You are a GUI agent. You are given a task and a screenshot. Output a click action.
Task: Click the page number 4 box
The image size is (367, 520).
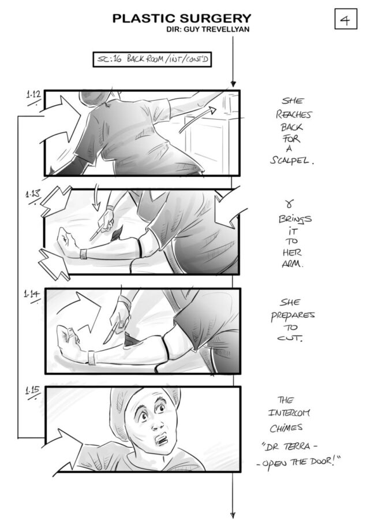[x=346, y=19]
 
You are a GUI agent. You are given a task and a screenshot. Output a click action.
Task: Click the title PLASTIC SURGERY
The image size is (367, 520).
[x=182, y=18]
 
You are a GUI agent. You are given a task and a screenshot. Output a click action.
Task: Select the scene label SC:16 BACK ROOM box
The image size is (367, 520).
[x=152, y=60]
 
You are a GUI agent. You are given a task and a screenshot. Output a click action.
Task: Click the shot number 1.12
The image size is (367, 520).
[x=33, y=95]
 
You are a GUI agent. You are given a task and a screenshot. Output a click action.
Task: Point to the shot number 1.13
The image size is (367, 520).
[x=32, y=194]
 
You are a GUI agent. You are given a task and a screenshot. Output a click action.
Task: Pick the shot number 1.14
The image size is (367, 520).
[x=32, y=294]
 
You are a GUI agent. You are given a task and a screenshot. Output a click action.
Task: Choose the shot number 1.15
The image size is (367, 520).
[x=33, y=390]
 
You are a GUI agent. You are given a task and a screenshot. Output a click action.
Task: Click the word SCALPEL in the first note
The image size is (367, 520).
[x=291, y=161]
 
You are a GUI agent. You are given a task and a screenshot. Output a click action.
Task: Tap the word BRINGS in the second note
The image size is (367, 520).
[x=294, y=219]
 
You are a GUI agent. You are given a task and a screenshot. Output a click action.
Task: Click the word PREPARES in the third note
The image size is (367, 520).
[x=293, y=315]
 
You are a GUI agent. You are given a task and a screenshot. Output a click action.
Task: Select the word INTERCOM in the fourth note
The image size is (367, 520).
[x=289, y=413]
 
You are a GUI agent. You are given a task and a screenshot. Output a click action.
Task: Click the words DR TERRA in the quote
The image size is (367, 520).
[x=287, y=447]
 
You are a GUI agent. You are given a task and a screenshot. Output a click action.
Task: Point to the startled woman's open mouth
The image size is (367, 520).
[x=163, y=440]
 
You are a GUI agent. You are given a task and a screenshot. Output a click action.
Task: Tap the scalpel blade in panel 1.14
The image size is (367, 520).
[x=110, y=333]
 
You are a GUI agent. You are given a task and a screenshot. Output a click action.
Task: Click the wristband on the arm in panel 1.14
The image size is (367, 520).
[x=91, y=358]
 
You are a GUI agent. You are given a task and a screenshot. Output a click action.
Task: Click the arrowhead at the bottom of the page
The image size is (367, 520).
[x=233, y=515]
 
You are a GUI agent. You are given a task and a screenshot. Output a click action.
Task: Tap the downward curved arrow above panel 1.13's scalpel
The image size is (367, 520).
[x=96, y=198]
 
